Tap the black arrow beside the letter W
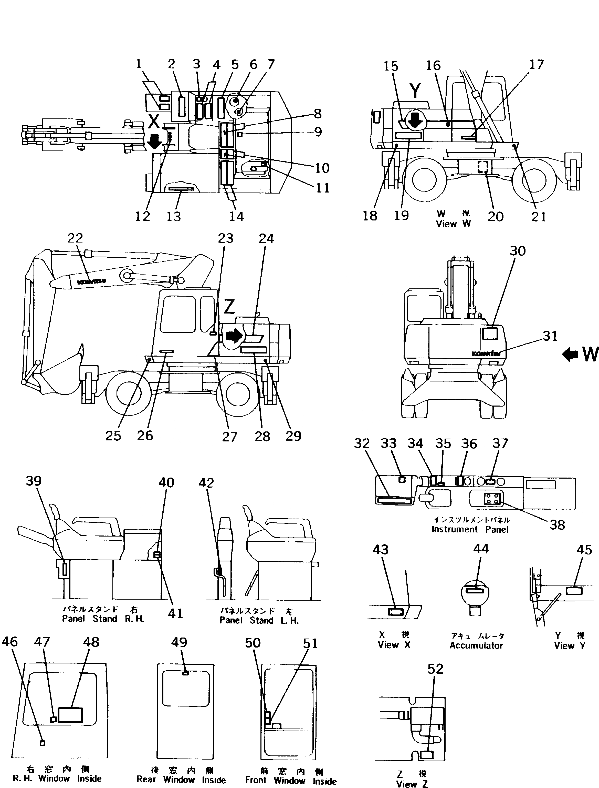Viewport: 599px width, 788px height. (x=570, y=355)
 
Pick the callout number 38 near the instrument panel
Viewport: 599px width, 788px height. (x=557, y=525)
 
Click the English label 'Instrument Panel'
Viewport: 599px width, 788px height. (x=470, y=530)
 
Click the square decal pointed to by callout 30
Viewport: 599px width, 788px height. (x=489, y=334)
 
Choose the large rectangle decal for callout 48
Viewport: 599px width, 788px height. (x=70, y=715)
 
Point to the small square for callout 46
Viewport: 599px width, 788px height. (x=43, y=743)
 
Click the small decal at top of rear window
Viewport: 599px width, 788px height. (x=185, y=673)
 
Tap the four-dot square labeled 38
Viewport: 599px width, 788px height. (x=491, y=498)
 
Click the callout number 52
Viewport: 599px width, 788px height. (x=435, y=669)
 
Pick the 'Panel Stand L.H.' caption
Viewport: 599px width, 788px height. (x=259, y=620)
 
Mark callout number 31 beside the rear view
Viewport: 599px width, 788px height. (x=550, y=336)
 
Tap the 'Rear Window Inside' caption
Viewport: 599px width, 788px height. (x=181, y=780)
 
